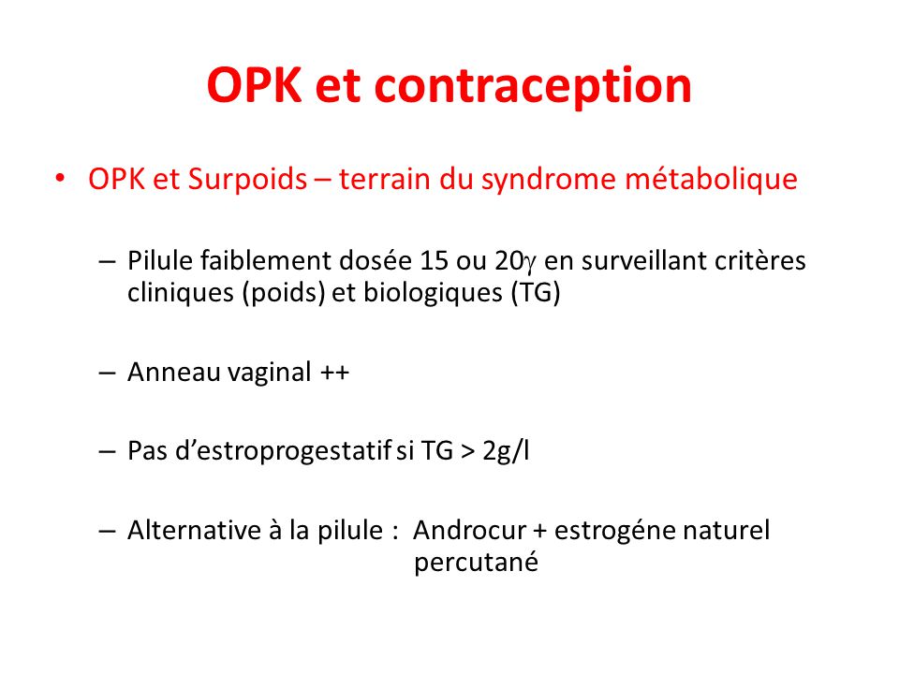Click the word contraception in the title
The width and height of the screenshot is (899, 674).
pos(533,86)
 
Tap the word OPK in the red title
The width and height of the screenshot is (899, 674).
pos(254,85)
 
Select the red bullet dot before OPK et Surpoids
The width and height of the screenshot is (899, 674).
pos(60,178)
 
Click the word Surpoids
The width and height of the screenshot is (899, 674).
pos(247,180)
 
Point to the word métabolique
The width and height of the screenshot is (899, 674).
pos(711,180)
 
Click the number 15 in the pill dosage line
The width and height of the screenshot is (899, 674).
pos(434,261)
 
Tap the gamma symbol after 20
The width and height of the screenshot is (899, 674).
pos(530,265)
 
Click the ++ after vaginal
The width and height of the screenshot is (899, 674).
pos(335,373)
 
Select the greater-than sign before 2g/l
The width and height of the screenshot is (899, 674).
pos(468,452)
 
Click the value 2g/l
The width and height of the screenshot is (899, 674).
pos(506,451)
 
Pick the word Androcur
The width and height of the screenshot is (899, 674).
pos(469,530)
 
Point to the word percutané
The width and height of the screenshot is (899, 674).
pos(476,563)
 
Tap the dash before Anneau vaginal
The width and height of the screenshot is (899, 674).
pos(107,374)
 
